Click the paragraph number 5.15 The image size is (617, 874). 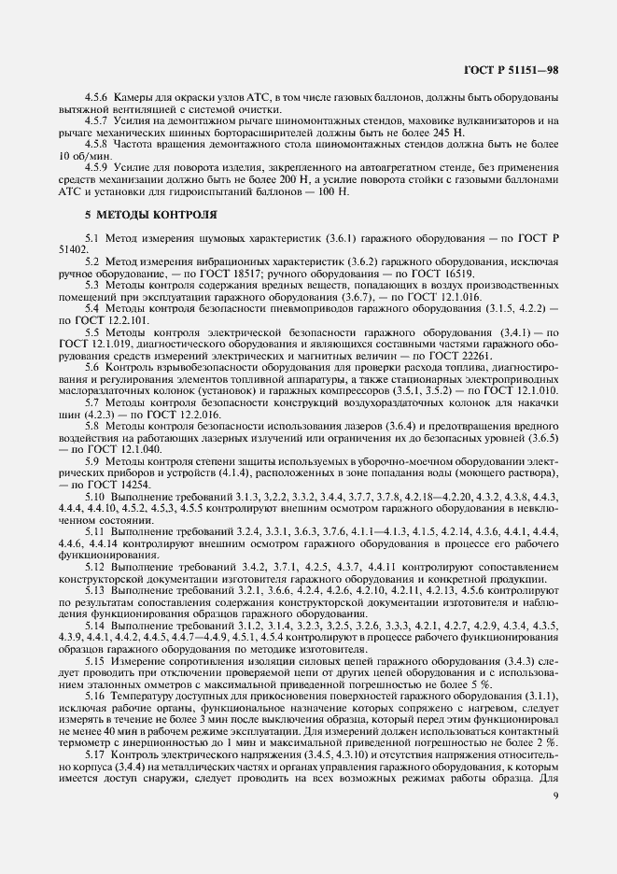pos(97,664)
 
